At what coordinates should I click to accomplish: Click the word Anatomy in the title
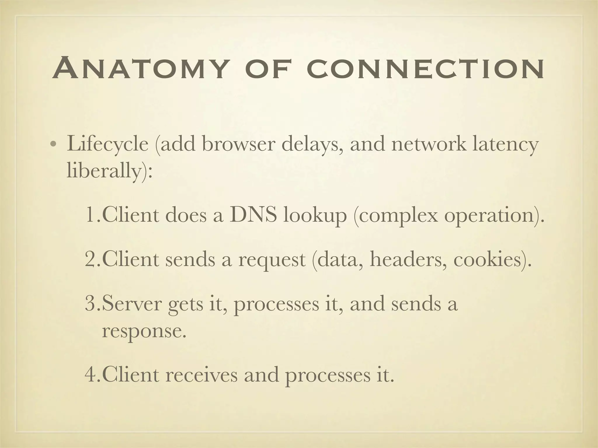pos(140,69)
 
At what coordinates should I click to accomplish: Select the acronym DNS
pos(253,215)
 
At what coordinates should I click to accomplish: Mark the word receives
pos(201,375)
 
